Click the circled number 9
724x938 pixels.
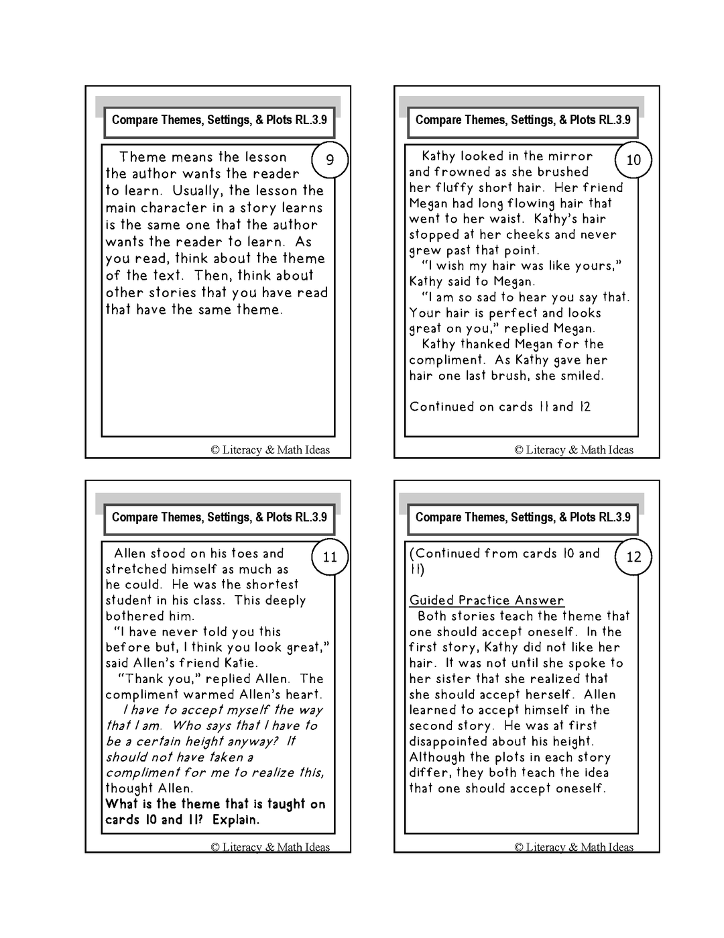pos(330,160)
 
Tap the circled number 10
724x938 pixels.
pos(633,160)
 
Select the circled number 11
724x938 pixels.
pos(330,557)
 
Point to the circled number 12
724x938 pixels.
pos(633,557)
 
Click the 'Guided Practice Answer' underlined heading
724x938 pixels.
pos(487,601)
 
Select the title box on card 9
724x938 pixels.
pos(219,120)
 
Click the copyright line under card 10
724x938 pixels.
pos(574,450)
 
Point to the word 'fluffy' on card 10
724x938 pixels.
pos(459,188)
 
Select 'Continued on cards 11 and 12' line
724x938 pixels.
pos(500,407)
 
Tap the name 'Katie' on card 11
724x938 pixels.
pos(235,663)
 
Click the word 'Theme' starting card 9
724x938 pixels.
pos(143,157)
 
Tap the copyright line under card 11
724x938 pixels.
pos(270,847)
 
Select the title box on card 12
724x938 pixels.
pos(523,517)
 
